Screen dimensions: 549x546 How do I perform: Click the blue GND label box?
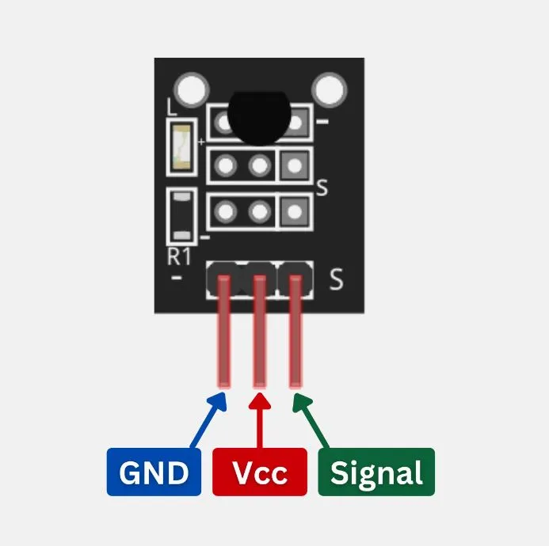(154, 472)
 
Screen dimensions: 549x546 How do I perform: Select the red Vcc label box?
(260, 472)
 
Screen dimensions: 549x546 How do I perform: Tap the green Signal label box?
(376, 472)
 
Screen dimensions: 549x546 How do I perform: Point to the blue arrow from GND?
(208, 419)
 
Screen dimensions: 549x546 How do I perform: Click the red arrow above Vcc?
(260, 420)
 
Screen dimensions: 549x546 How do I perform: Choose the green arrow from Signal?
(311, 420)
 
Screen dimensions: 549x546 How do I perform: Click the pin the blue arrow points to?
(224, 332)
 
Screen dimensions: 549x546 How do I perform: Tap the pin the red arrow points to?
(259, 332)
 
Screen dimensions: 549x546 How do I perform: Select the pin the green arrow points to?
(295, 332)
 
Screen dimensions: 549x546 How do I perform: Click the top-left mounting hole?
(191, 89)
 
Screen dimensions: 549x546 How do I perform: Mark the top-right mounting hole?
(329, 89)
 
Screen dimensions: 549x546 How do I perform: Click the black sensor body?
(259, 118)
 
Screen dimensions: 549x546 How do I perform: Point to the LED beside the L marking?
(181, 147)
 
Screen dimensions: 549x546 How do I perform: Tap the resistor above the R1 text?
(181, 217)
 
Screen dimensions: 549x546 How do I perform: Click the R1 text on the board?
(179, 256)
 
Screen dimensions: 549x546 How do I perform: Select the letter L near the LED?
(172, 107)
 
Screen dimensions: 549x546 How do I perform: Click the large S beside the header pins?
(336, 279)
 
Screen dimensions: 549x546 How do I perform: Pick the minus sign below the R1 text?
(177, 278)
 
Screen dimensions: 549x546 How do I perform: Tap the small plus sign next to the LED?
(201, 142)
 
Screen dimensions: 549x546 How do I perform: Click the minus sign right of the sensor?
(322, 122)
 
